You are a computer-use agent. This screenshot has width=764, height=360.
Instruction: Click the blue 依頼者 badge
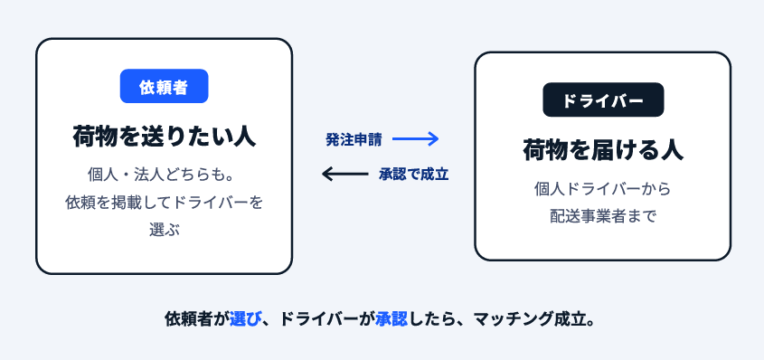[x=165, y=86]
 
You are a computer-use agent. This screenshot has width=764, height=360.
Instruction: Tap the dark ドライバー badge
[x=603, y=99]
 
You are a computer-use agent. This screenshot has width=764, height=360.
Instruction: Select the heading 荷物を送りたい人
[x=165, y=136]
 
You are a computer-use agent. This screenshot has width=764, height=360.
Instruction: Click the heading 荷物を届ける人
[x=603, y=149]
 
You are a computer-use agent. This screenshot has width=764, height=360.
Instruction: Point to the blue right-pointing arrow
[x=415, y=139]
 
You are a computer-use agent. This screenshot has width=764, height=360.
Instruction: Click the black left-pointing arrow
[x=345, y=174]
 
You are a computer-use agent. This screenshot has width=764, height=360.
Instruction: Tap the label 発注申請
[x=354, y=140]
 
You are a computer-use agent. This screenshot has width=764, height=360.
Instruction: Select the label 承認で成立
[x=414, y=175]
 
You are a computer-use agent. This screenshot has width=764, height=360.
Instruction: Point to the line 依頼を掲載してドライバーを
[x=165, y=203]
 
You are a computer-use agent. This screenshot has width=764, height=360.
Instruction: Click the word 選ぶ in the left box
[x=165, y=230]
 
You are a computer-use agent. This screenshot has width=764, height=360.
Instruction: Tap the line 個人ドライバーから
[x=603, y=188]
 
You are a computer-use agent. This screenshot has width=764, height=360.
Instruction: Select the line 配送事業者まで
[x=603, y=216]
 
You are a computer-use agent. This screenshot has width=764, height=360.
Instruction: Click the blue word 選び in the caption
[x=245, y=319]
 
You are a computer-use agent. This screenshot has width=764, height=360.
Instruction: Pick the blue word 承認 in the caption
[x=391, y=319]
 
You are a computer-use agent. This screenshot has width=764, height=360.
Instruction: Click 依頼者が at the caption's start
[x=197, y=319]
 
